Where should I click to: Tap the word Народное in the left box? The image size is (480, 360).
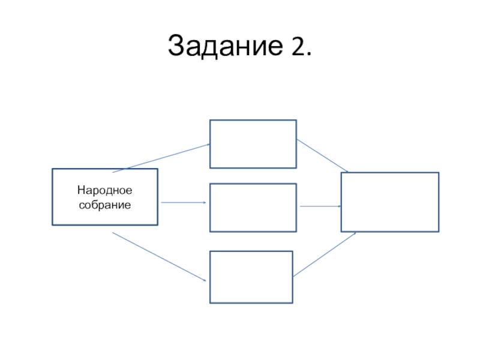pos(104,191)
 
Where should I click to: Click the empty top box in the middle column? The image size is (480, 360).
pos(253,144)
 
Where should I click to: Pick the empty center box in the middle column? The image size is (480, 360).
pos(253,208)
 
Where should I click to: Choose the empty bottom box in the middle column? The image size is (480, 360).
pos(251,277)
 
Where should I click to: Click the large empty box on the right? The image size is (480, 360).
pos(389,202)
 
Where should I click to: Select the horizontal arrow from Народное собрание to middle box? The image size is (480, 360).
pos(184,203)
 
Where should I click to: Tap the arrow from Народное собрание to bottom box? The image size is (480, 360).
pos(159,257)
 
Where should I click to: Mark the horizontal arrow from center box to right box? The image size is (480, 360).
pos(320,206)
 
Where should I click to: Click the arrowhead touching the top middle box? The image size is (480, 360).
pos(208,144)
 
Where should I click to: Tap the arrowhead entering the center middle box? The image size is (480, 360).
pos(205,203)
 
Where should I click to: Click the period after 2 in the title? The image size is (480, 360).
pos(308,55)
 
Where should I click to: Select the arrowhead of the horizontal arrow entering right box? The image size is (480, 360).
pos(340,206)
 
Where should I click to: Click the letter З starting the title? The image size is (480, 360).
pos(176,46)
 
